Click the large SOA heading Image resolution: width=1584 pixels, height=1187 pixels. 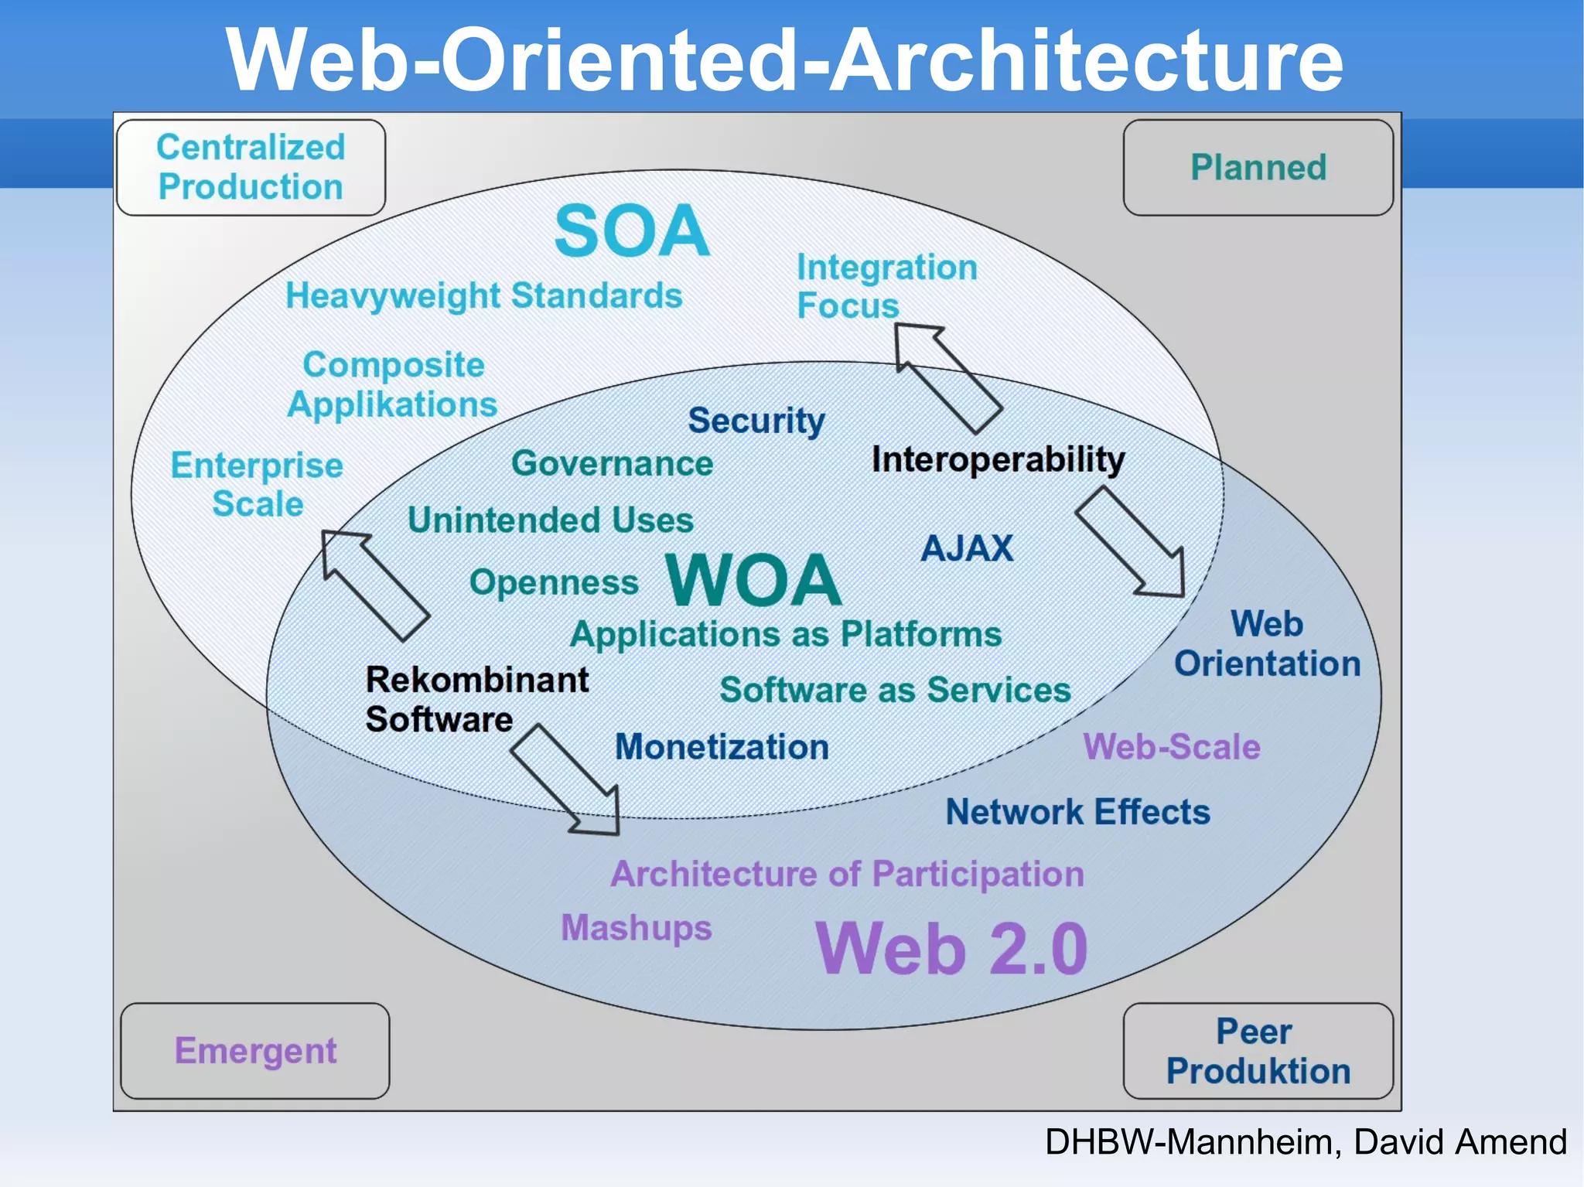click(x=632, y=230)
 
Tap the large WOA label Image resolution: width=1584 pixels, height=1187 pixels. click(x=753, y=580)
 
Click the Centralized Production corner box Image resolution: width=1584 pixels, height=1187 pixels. click(x=251, y=167)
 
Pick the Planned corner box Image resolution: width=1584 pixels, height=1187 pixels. click(x=1258, y=167)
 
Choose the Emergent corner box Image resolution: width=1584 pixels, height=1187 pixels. click(x=255, y=1050)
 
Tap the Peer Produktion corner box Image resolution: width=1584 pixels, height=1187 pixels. click(x=1258, y=1050)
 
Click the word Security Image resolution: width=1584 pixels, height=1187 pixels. click(x=756, y=421)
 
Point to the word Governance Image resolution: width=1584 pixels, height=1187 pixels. click(x=612, y=463)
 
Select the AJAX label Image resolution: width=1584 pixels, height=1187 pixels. click(x=966, y=548)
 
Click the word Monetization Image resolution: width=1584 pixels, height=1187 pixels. click(x=722, y=747)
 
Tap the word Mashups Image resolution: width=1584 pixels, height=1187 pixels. click(x=636, y=927)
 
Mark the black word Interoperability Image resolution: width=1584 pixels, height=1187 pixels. click(x=998, y=459)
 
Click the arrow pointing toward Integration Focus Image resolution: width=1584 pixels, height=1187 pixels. click(x=947, y=376)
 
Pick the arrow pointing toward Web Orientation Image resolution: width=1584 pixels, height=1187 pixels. click(x=1132, y=544)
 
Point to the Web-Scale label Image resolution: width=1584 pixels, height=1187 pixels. click(x=1171, y=747)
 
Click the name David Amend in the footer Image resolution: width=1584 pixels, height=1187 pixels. click(x=1460, y=1141)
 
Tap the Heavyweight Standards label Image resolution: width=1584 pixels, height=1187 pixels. click(x=483, y=295)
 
